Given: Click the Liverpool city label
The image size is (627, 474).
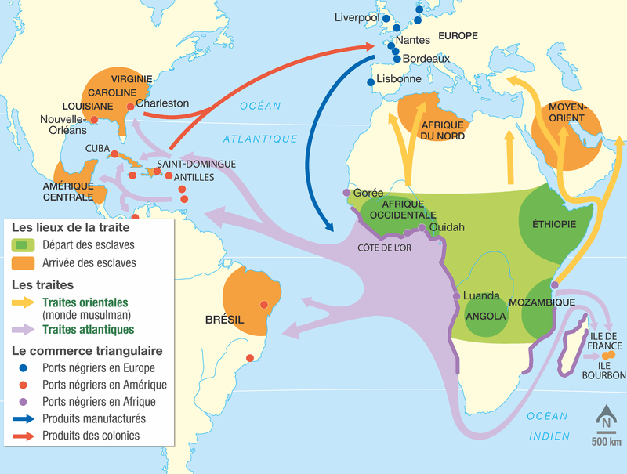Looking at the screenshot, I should click(x=357, y=17).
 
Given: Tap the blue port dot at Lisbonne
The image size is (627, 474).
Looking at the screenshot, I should click(x=370, y=82).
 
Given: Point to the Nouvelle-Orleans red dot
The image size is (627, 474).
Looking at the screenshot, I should click(x=94, y=120).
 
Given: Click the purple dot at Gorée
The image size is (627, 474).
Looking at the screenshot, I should click(x=346, y=193).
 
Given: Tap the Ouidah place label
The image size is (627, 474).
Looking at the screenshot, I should click(x=447, y=227).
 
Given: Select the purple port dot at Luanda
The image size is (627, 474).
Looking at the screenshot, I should click(x=456, y=296).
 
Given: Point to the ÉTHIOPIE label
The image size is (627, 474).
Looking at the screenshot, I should click(x=554, y=225).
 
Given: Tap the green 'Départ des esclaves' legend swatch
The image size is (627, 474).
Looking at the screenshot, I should click(x=22, y=246).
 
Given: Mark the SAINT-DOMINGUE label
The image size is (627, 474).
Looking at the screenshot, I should click(x=196, y=165).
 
